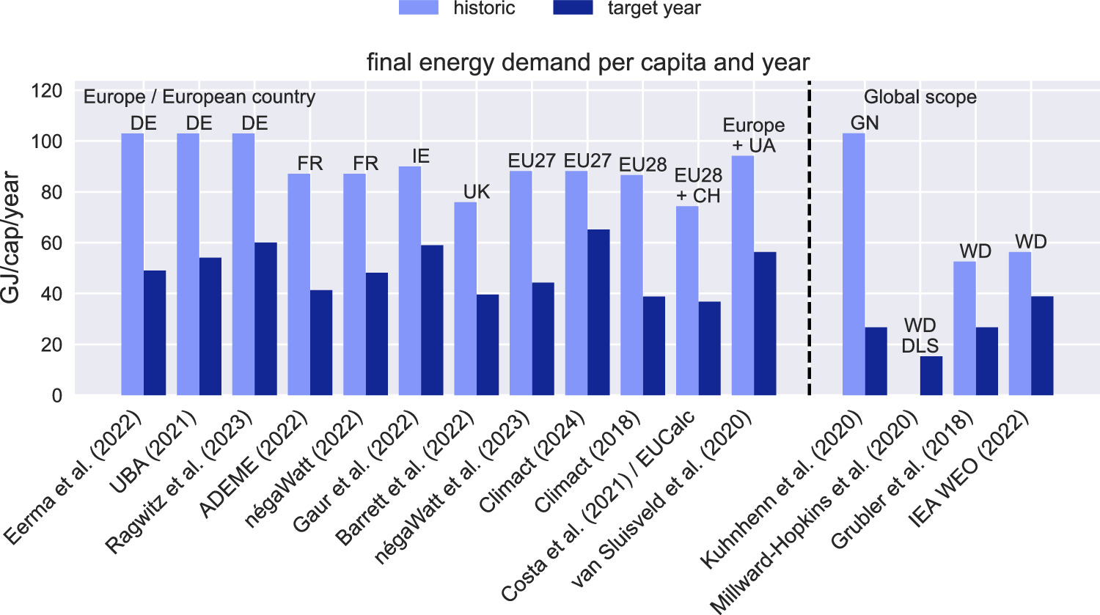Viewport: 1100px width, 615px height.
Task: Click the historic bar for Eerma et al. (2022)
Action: [132, 264]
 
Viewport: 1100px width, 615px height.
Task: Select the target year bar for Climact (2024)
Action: [598, 312]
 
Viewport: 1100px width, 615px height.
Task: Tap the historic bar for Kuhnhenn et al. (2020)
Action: [853, 264]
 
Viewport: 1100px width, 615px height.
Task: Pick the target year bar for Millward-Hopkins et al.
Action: [931, 375]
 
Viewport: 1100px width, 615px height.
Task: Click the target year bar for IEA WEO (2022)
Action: [1042, 345]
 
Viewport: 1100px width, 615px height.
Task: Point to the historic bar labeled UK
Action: [465, 298]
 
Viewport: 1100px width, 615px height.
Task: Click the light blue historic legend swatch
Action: [418, 8]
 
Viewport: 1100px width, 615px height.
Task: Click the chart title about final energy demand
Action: [588, 63]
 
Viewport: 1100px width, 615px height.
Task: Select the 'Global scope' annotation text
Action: [920, 97]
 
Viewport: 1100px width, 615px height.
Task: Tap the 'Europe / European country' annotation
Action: [199, 97]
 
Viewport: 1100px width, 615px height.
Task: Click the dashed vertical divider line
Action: [809, 242]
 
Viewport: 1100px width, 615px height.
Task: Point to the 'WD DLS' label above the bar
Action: [920, 335]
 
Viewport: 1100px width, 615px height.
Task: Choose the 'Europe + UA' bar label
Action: [753, 136]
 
